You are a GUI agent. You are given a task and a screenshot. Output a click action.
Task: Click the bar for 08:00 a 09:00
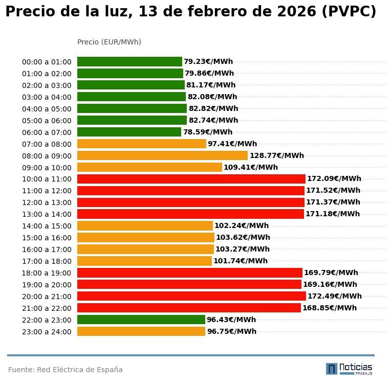pyautogui.click(x=162, y=155)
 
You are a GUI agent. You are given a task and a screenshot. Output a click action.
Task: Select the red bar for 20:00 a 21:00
pyautogui.click(x=191, y=296)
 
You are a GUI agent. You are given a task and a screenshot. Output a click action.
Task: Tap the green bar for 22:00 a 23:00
pyautogui.click(x=141, y=320)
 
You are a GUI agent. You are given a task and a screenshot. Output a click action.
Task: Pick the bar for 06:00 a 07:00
pyautogui.click(x=129, y=132)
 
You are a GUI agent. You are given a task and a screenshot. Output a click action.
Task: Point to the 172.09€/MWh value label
pyautogui.click(x=334, y=179)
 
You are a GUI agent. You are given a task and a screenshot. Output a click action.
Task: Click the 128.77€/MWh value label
pyautogui.click(x=276, y=155)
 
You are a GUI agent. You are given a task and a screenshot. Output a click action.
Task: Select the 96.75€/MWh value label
pyautogui.click(x=231, y=331)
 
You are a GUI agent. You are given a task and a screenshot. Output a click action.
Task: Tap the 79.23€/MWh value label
pyautogui.click(x=208, y=61)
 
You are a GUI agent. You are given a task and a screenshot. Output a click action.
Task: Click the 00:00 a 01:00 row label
pyautogui.click(x=47, y=62)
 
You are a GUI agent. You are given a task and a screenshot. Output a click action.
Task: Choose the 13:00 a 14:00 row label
pyautogui.click(x=47, y=214)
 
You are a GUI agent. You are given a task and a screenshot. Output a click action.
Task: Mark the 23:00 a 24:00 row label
pyautogui.click(x=47, y=332)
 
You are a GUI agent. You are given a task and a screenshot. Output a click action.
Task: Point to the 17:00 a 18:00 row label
pyautogui.click(x=47, y=261)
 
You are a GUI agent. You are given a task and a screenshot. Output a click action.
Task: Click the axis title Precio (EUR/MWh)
pyautogui.click(x=109, y=42)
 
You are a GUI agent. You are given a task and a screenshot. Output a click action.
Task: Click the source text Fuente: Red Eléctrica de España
pyautogui.click(x=66, y=370)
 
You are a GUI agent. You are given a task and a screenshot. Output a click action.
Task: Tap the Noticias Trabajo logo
pyautogui.click(x=349, y=369)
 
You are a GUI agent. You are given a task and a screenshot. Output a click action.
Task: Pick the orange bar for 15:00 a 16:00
pyautogui.click(x=146, y=237)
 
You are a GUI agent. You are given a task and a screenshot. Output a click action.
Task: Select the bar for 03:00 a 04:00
pyautogui.click(x=132, y=97)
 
